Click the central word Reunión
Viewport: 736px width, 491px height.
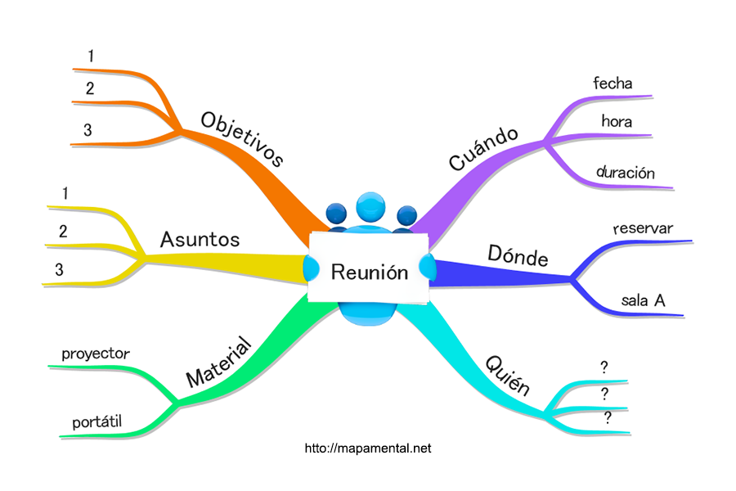click(x=369, y=272)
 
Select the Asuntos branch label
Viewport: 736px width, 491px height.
click(x=200, y=239)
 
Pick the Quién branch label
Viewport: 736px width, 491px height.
click(x=508, y=375)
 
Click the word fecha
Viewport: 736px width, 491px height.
click(x=613, y=83)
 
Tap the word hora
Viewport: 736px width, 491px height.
click(x=617, y=121)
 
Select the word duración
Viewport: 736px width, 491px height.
click(x=626, y=173)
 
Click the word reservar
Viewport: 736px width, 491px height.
click(x=643, y=228)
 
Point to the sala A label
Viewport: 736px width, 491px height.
click(x=643, y=300)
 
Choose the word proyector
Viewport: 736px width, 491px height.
click(x=96, y=354)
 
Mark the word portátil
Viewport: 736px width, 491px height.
click(x=96, y=421)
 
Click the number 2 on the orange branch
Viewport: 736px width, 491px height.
click(x=90, y=88)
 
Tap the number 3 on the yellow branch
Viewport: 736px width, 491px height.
click(x=59, y=268)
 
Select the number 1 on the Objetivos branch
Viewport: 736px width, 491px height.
click(x=91, y=56)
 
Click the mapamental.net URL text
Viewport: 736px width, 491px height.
click(x=367, y=448)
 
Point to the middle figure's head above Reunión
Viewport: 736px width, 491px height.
click(x=370, y=206)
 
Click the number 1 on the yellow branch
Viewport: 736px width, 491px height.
click(x=64, y=194)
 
